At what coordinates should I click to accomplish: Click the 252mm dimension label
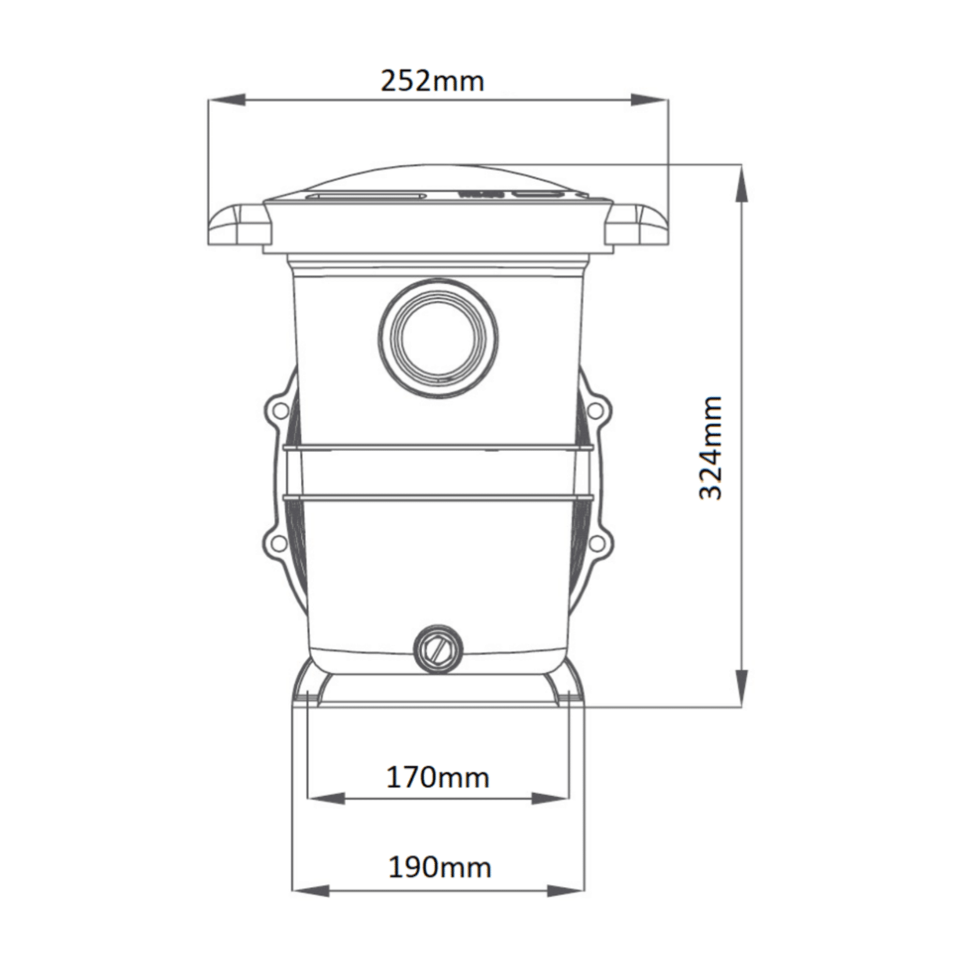tap(432, 81)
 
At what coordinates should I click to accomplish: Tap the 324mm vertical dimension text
tap(711, 448)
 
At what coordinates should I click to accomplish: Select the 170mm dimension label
tap(438, 778)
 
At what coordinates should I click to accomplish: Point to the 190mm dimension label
tap(440, 868)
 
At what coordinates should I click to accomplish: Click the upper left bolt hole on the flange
tap(280, 410)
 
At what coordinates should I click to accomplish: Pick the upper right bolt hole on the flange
tap(596, 410)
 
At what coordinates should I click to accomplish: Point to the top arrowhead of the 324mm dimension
tap(741, 184)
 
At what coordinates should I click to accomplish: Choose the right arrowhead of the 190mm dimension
tap(566, 890)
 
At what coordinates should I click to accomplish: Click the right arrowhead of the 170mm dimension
tap(550, 799)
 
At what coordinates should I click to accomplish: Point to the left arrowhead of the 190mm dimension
tap(311, 890)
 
